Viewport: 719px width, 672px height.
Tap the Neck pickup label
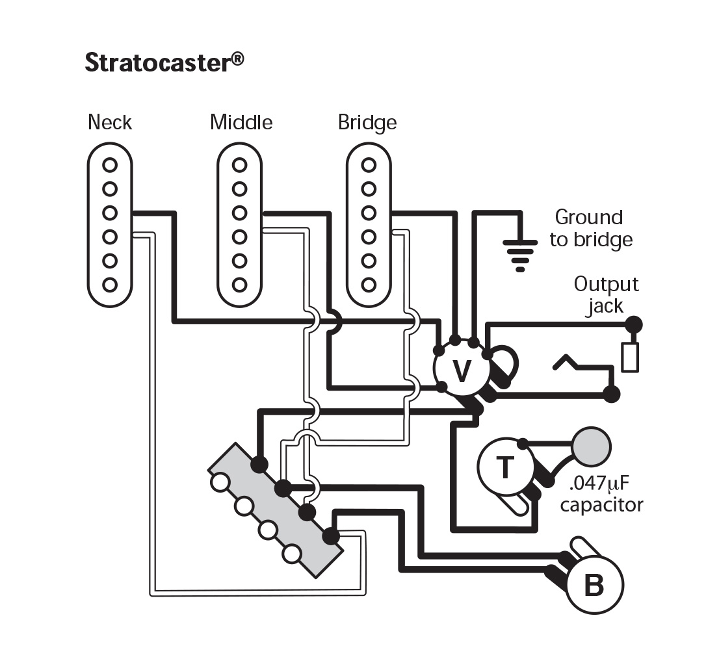[110, 122]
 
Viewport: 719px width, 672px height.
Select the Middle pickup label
[241, 122]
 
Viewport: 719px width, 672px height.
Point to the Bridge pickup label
[367, 122]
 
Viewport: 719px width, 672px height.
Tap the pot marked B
[594, 586]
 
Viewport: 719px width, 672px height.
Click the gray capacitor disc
[592, 446]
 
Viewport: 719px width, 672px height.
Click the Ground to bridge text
[590, 228]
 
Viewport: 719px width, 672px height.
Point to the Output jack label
[606, 294]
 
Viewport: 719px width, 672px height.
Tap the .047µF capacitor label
[601, 494]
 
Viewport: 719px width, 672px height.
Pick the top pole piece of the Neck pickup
[110, 164]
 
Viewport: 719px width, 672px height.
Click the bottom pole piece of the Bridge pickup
[369, 285]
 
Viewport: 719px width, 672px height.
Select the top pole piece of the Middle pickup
[240, 164]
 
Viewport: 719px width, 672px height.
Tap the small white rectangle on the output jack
[629, 357]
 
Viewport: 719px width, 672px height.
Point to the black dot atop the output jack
[634, 324]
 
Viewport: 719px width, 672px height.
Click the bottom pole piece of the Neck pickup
[110, 285]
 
